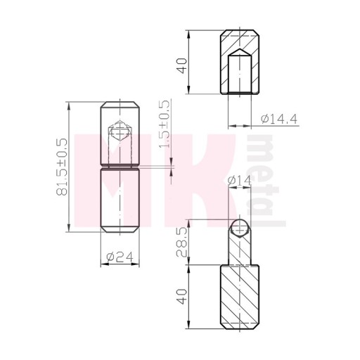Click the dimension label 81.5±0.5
tap(62, 167)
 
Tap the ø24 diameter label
tap(120, 257)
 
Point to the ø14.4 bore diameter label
tap(279, 119)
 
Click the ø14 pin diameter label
tap(240, 181)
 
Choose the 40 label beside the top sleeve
tap(183, 65)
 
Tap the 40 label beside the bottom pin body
tap(183, 297)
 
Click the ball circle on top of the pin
tap(240, 228)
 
